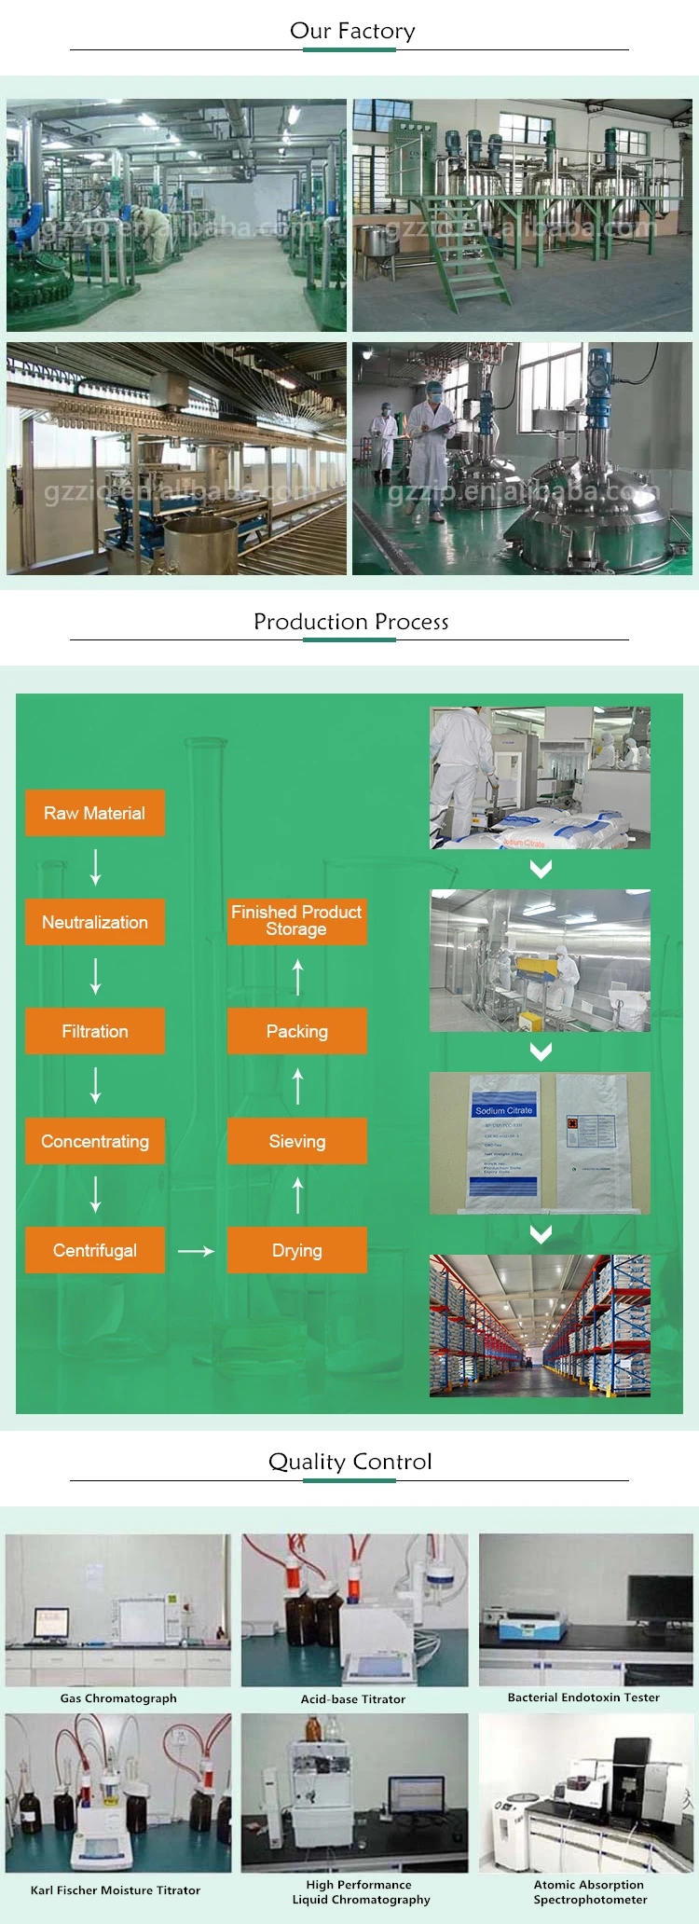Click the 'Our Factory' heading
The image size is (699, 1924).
[x=351, y=31]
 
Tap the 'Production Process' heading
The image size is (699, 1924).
[x=350, y=622]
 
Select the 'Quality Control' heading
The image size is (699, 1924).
[x=349, y=1462]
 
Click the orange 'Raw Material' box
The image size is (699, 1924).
[x=95, y=813]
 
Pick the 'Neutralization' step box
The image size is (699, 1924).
[x=95, y=922]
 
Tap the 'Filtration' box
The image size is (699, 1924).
[x=95, y=1031]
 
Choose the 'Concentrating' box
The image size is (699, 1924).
[x=95, y=1141]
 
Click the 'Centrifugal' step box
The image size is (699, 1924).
[x=95, y=1250]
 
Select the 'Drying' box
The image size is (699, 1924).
[x=297, y=1250]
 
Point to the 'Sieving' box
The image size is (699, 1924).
[x=297, y=1141]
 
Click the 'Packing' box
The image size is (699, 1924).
[x=297, y=1031]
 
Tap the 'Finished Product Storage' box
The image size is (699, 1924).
[x=297, y=921]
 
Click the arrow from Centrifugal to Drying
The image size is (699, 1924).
[x=196, y=1251]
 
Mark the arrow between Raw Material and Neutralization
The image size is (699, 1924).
[x=95, y=867]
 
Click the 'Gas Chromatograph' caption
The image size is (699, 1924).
[x=118, y=1698]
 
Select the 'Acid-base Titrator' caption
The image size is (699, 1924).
[x=353, y=1699]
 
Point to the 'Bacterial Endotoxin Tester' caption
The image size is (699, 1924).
[x=583, y=1697]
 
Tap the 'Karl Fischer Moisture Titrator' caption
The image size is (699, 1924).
[x=116, y=1890]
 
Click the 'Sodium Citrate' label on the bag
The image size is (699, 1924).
[x=504, y=1110]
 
